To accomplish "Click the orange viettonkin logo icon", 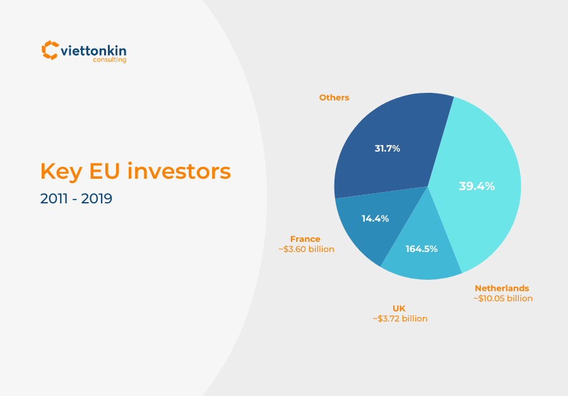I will [50, 50].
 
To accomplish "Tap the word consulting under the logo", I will [110, 61].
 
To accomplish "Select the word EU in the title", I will [111, 171].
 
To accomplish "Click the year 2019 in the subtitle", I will [97, 198].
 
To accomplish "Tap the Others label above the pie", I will [334, 98].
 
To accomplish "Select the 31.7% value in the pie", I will [388, 148].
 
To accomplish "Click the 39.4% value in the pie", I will [476, 186].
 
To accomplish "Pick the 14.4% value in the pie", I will [375, 219].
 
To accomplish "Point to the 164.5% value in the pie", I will [422, 249].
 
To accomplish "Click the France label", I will [305, 239].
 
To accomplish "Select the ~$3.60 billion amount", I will [306, 249].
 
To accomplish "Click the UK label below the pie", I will [399, 308].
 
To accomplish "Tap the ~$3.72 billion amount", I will [400, 319].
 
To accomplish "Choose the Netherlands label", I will [502, 288].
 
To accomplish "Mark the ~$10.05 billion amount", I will [503, 299].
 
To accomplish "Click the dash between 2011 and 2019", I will [75, 199].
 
